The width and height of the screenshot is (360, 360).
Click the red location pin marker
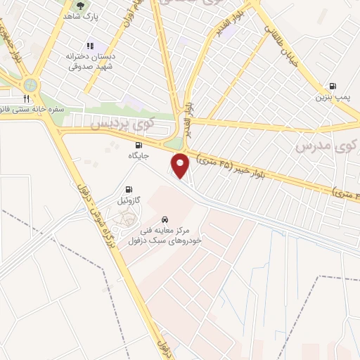click(x=180, y=164)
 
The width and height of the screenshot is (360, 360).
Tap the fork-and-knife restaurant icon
click(x=27, y=98)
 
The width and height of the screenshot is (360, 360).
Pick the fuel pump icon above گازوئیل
click(x=128, y=188)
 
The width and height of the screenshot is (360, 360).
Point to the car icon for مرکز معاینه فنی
click(x=165, y=219)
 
